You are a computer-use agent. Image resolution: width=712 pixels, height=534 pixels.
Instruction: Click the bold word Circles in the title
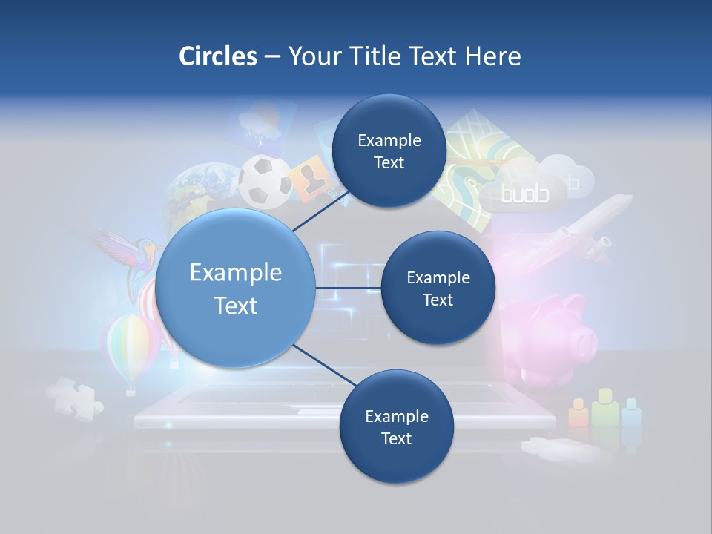[217, 56]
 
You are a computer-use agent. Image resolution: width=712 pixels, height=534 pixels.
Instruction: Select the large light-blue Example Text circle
[236, 289]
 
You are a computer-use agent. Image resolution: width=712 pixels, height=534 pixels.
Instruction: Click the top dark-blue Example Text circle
[389, 151]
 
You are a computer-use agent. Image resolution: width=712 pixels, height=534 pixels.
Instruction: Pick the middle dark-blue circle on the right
[438, 289]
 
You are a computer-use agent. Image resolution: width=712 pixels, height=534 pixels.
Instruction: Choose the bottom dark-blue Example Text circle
[396, 426]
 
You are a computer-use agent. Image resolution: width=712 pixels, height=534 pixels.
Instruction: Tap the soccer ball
[264, 179]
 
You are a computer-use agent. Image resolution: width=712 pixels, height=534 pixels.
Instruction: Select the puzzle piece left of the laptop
[75, 397]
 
